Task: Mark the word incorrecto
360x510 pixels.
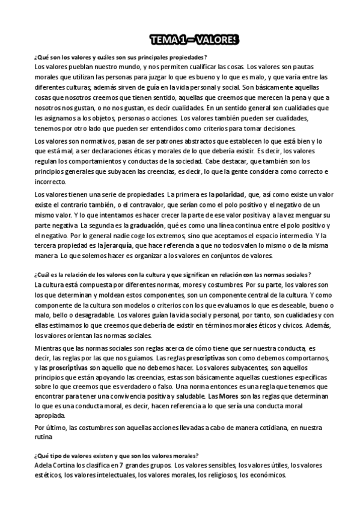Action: pyautogui.click(x=52, y=182)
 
